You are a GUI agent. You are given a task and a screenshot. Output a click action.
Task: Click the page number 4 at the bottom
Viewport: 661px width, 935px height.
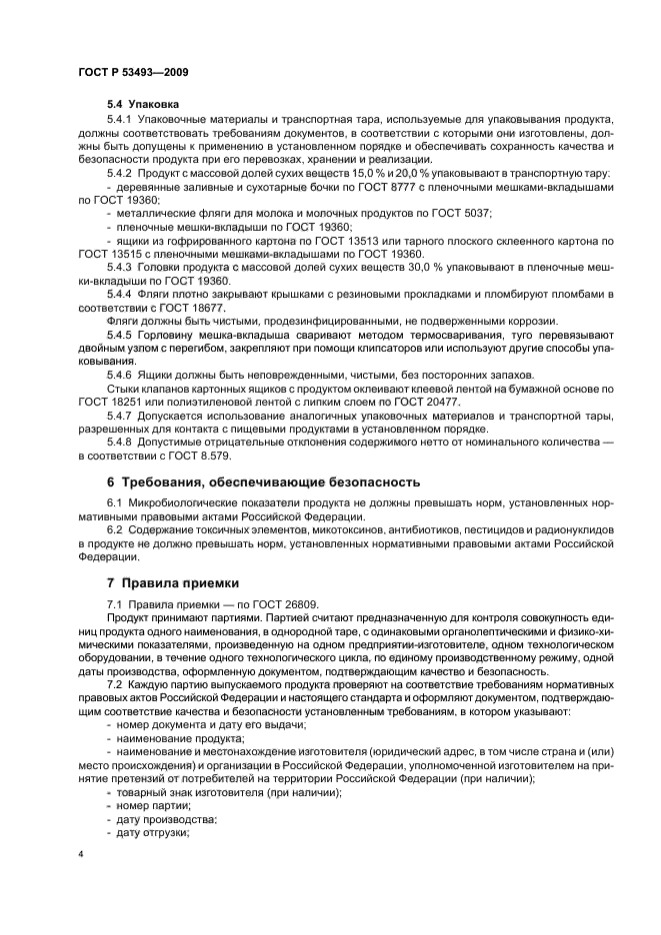(x=81, y=855)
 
